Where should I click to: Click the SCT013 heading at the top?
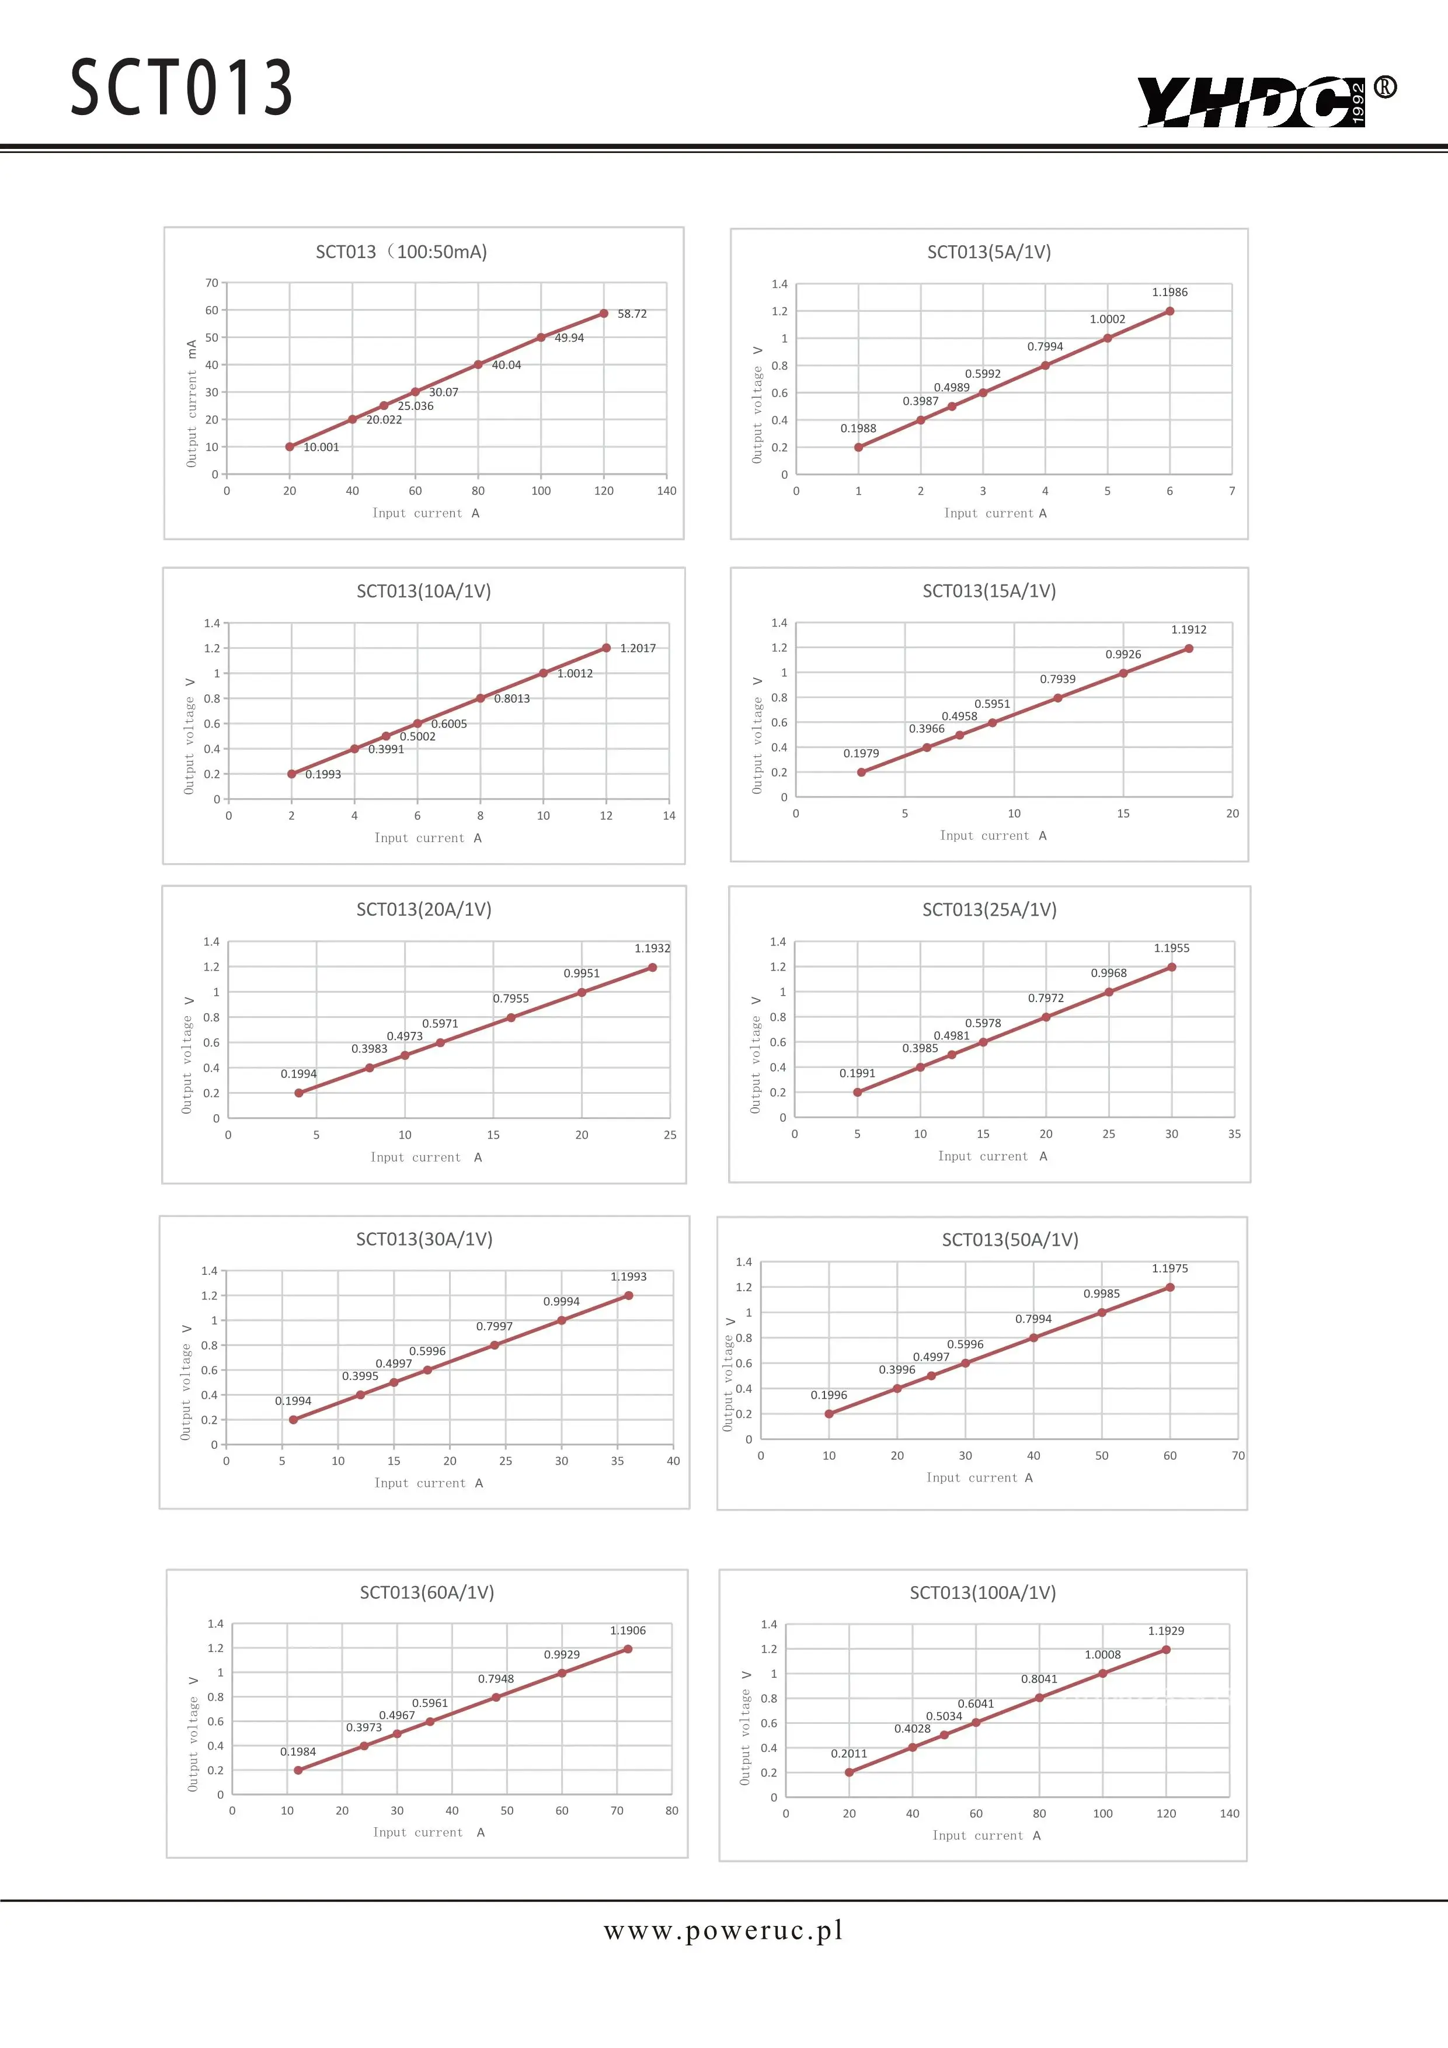pos(182,88)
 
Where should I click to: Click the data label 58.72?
pos(632,314)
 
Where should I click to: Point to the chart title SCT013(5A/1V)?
pos(989,252)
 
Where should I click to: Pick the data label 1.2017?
pos(638,648)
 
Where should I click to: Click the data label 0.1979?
pos(861,754)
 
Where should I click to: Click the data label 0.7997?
pos(494,1326)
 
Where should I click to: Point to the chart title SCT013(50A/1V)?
pos(1010,1240)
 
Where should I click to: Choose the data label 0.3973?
pos(364,1728)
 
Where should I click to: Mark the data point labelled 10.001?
pos(290,447)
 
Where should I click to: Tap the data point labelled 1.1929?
pos(1165,1650)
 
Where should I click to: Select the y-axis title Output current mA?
pos(192,403)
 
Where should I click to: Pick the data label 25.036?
pos(416,406)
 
